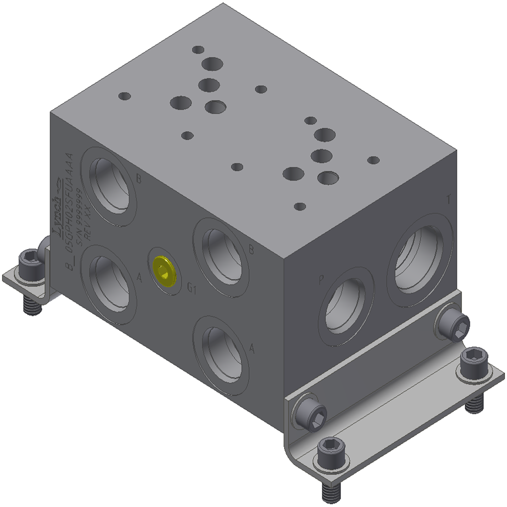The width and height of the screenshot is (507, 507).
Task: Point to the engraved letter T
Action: pos(448,199)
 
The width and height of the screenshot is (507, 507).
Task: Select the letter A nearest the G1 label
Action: pos(139,278)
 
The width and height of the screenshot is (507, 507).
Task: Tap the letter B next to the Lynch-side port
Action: pos(139,179)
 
